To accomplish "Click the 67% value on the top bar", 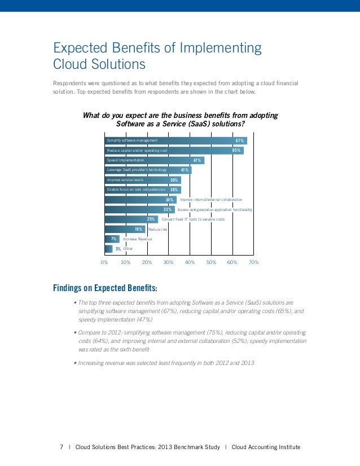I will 239,140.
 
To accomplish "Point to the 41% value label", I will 185,170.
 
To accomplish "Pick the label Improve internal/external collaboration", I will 211,200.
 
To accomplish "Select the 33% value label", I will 168,209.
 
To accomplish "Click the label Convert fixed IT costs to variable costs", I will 193,219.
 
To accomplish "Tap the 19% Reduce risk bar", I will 125,229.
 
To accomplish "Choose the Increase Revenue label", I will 137,239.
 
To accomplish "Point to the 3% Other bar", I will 109,248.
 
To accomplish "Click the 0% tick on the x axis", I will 104,263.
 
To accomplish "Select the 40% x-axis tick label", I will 190,263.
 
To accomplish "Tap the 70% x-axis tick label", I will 253,263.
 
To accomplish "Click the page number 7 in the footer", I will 61,447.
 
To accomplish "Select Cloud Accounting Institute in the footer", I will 266,447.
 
